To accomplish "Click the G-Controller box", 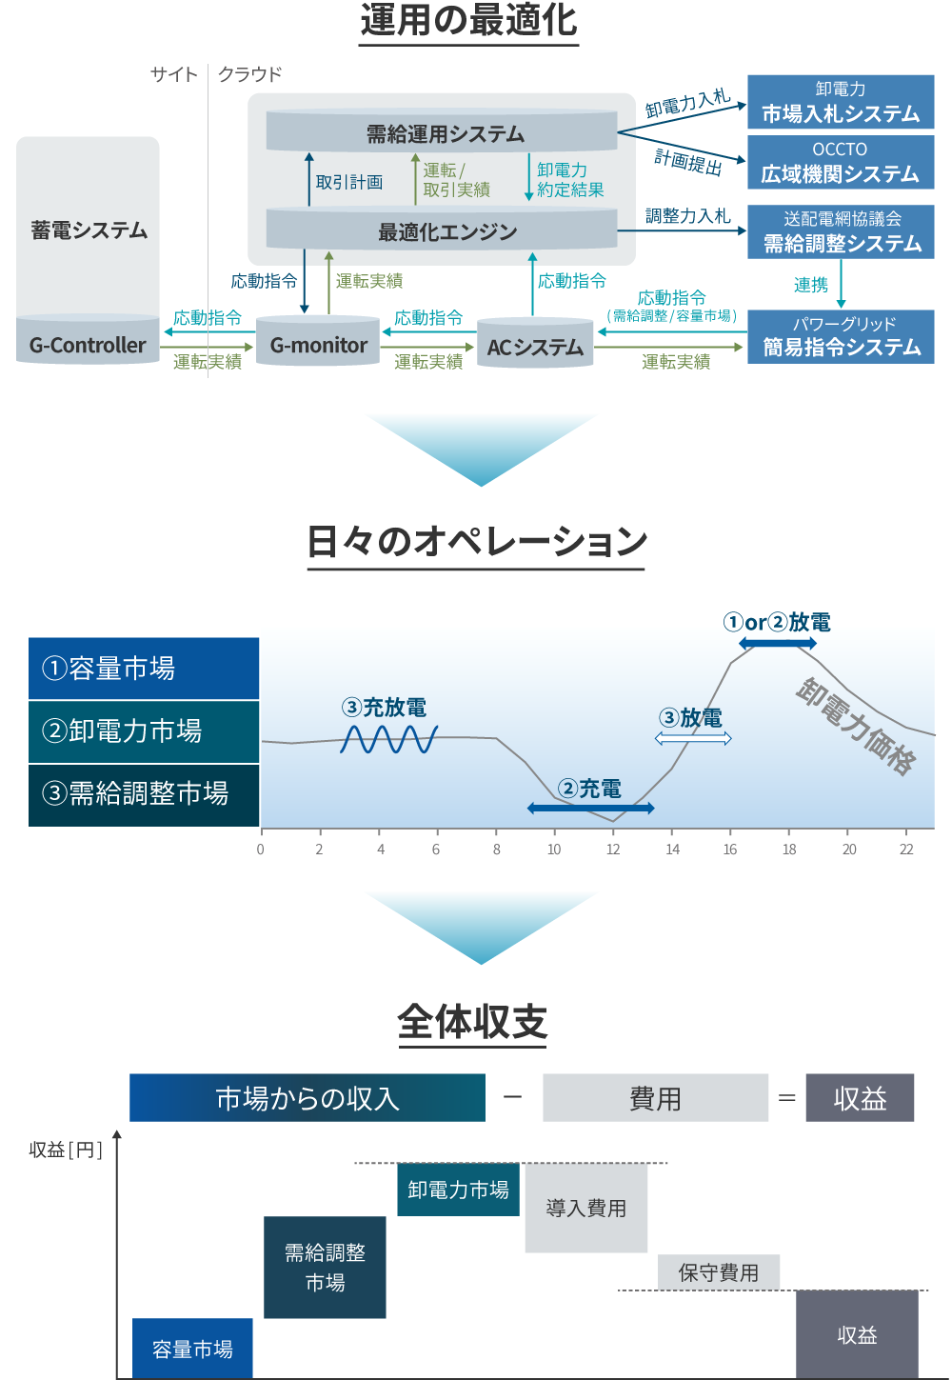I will tap(88, 344).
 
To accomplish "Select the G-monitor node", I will tap(318, 345).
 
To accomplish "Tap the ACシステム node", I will tap(535, 347).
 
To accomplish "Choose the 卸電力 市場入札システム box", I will tap(841, 102).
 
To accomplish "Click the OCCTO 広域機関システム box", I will tap(841, 162).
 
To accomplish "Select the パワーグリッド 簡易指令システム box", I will tap(841, 336).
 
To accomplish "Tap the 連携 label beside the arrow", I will tap(811, 285).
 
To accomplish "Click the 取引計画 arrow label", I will tap(349, 182).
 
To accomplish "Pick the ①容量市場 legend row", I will tap(144, 669).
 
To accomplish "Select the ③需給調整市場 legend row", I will tap(144, 794).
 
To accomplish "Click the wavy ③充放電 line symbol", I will tap(388, 739).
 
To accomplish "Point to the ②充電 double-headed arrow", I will tap(590, 808).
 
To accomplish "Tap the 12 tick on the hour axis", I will tap(613, 850).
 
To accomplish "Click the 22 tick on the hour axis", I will tap(906, 850).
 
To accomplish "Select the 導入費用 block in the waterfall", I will tap(585, 1208).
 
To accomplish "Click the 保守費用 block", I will tap(719, 1272).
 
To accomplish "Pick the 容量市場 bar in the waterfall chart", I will tap(192, 1348).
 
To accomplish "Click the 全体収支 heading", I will tap(472, 1023).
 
